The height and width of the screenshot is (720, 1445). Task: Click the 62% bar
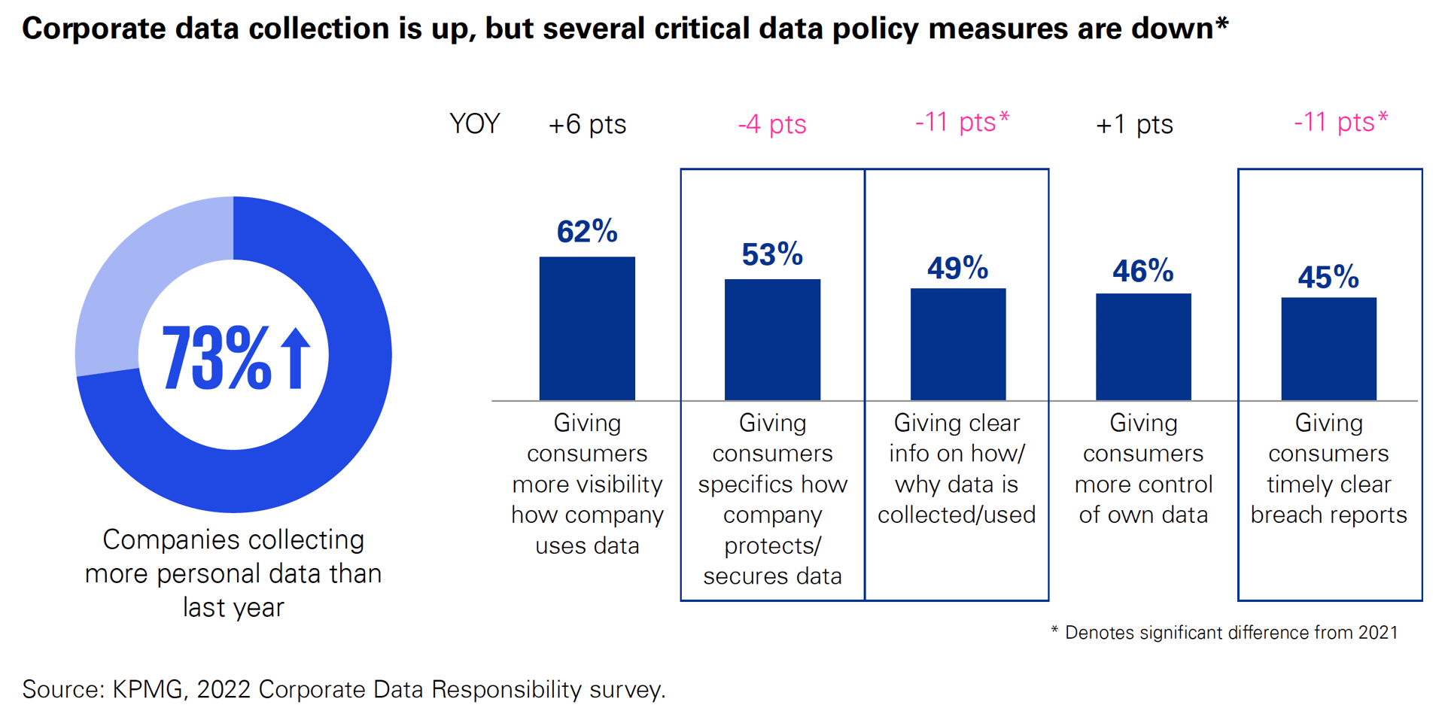pyautogui.click(x=587, y=328)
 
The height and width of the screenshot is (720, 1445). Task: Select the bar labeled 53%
pyautogui.click(x=772, y=339)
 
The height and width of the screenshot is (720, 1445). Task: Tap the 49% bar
pyautogui.click(x=957, y=344)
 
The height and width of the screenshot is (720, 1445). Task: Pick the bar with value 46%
pyautogui.click(x=1142, y=346)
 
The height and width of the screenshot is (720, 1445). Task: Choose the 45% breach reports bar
pyautogui.click(x=1328, y=348)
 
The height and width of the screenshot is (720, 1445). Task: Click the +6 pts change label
pyautogui.click(x=587, y=124)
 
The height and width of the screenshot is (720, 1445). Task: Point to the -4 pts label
pyautogui.click(x=772, y=124)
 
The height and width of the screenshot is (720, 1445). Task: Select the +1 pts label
pyautogui.click(x=1134, y=124)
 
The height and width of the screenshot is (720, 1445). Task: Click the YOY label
pyautogui.click(x=474, y=123)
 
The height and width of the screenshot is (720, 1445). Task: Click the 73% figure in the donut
pyautogui.click(x=216, y=358)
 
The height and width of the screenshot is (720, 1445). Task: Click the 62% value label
pyautogui.click(x=587, y=232)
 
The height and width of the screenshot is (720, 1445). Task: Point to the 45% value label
pyautogui.click(x=1328, y=278)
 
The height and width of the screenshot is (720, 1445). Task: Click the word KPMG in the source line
pyautogui.click(x=148, y=689)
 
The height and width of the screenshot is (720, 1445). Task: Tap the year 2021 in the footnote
pyautogui.click(x=1377, y=633)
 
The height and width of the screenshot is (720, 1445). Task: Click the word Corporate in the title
pyautogui.click(x=94, y=29)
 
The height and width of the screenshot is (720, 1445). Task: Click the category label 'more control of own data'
pyautogui.click(x=1142, y=500)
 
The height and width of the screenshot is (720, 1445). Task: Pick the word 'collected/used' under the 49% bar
pyautogui.click(x=957, y=515)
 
